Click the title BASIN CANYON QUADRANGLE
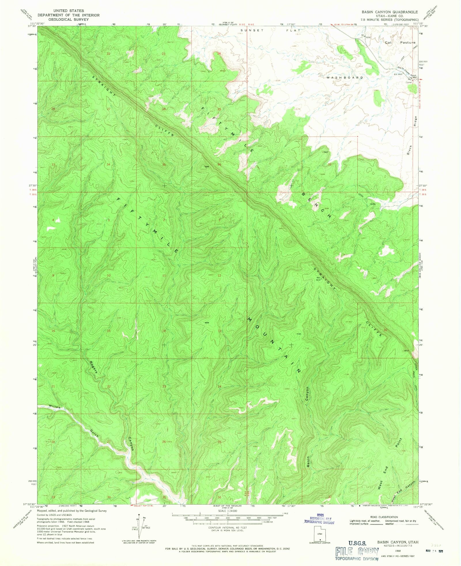pos(390,12)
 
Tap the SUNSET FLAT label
pos(271,30)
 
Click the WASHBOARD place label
pos(345,78)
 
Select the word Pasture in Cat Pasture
pos(408,42)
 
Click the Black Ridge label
pos(412,136)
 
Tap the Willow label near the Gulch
pos(55,407)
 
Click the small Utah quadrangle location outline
pos(320,534)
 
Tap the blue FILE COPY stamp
pos(357,552)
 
